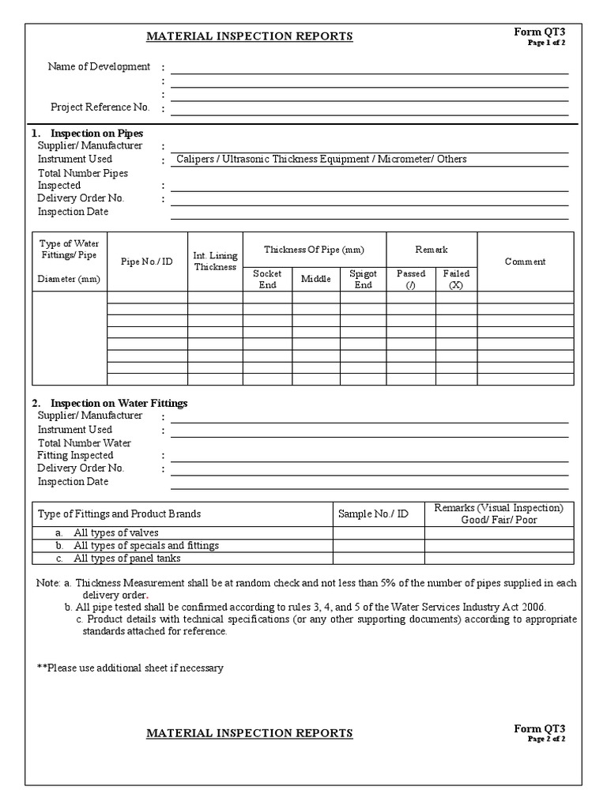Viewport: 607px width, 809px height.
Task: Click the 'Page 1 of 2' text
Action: click(x=546, y=43)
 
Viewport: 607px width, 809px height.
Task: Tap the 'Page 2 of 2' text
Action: click(x=546, y=739)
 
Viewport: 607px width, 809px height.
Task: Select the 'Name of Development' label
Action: click(x=99, y=66)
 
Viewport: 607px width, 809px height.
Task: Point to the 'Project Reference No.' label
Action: click(x=100, y=107)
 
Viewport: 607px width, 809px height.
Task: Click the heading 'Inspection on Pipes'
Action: click(x=96, y=134)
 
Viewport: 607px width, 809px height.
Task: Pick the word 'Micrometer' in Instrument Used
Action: click(x=408, y=159)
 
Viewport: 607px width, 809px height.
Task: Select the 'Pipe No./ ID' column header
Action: click(x=146, y=262)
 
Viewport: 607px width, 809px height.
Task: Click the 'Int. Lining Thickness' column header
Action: click(x=215, y=262)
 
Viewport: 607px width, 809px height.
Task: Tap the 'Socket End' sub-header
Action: click(x=267, y=279)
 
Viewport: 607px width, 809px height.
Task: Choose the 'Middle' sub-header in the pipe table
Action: click(x=315, y=279)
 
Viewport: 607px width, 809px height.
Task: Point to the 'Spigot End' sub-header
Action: click(x=363, y=279)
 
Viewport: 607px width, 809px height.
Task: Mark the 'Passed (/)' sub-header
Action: click(x=410, y=279)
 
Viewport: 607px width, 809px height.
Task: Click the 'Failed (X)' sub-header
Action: click(x=456, y=279)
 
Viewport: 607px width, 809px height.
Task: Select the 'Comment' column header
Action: click(x=525, y=262)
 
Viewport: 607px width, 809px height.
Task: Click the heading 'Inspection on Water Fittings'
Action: click(x=119, y=403)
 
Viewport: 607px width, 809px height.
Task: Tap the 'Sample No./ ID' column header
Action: click(x=373, y=514)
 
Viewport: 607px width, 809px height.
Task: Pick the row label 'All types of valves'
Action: click(x=115, y=532)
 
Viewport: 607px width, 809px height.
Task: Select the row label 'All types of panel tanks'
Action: click(x=126, y=558)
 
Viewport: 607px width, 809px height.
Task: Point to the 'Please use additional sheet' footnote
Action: click(x=130, y=668)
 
